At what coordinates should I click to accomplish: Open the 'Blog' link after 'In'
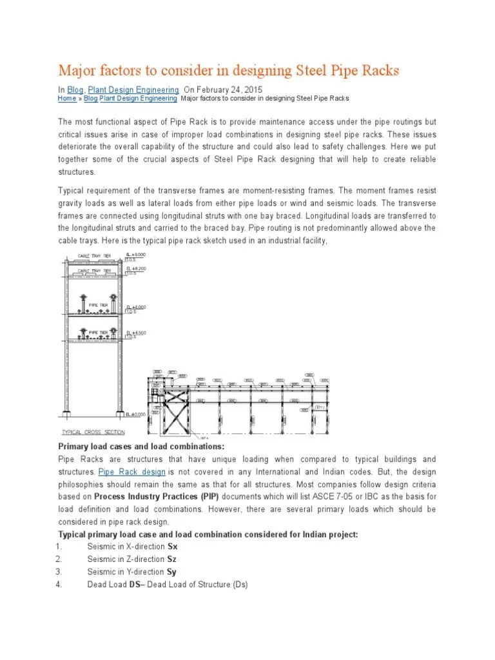coord(75,90)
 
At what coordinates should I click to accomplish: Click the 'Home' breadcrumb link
coord(66,99)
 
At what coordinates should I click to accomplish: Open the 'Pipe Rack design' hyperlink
coord(132,472)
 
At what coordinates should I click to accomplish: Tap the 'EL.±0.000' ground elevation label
coord(137,414)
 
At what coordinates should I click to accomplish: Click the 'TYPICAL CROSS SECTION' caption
coord(93,432)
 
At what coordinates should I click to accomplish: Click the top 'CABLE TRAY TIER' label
coord(97,256)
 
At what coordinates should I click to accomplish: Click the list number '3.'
coord(58,572)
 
